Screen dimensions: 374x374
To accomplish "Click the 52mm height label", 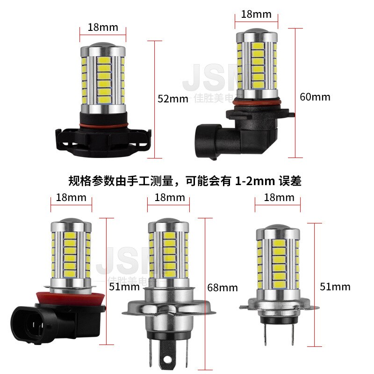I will click(x=173, y=99).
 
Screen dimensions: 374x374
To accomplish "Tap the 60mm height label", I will click(x=315, y=97).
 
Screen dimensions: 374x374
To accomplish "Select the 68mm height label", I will click(x=222, y=288).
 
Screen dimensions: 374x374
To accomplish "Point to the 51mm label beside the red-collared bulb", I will click(x=124, y=286).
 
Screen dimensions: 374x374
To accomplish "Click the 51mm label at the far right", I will click(x=335, y=286).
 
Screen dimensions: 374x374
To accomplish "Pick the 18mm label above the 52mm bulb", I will click(x=103, y=27).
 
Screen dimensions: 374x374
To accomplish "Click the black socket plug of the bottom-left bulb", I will click(x=37, y=323).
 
